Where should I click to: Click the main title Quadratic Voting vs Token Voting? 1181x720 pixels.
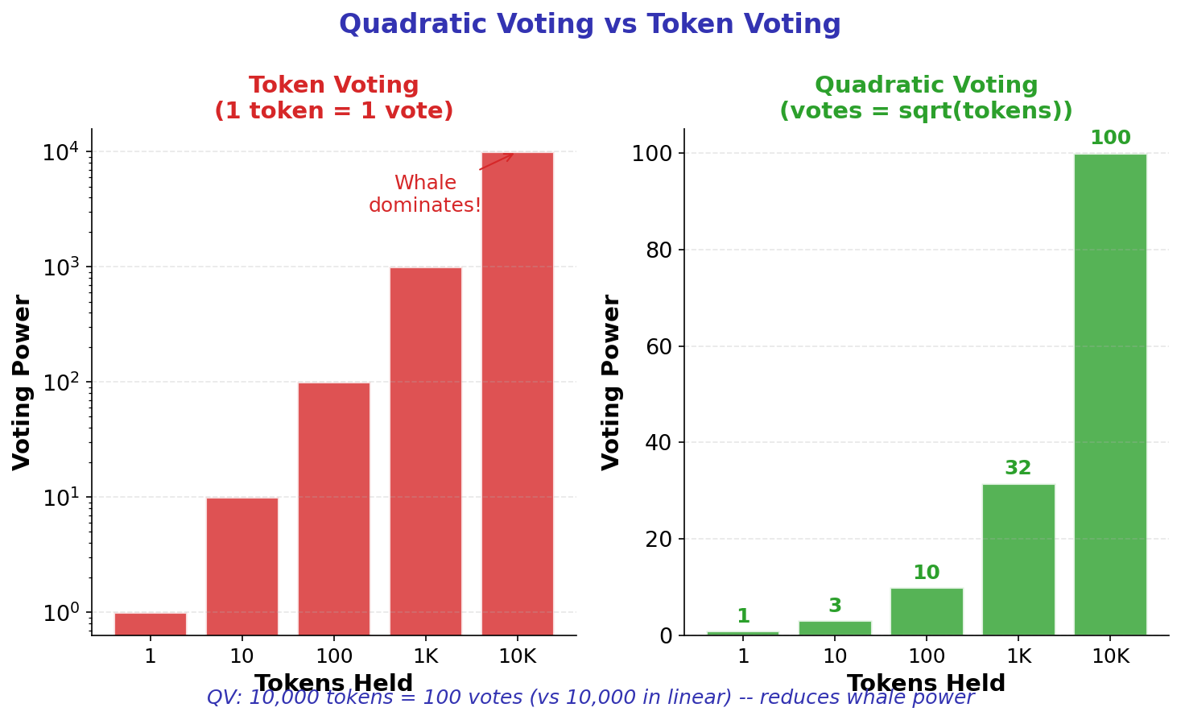point(589,24)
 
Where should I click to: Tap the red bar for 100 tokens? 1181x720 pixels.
point(333,508)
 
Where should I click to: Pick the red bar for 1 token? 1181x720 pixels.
point(150,624)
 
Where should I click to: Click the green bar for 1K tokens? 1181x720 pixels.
point(1018,559)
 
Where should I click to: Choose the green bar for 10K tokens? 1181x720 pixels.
point(1110,394)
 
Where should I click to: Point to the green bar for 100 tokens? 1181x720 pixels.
point(927,611)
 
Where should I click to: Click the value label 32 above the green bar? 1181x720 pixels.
point(1018,468)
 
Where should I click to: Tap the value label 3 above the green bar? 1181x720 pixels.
point(835,606)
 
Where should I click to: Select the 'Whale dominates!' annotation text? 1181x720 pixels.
point(425,194)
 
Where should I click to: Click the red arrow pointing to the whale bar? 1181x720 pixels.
point(497,161)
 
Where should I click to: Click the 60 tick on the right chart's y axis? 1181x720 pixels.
point(659,346)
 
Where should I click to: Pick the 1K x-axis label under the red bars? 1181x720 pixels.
point(425,656)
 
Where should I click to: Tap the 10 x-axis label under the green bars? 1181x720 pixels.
point(835,656)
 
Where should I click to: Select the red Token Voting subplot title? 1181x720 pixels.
point(333,97)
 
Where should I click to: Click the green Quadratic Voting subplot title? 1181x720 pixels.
point(926,97)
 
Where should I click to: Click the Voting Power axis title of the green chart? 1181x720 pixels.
point(612,382)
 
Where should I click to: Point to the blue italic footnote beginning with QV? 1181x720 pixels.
point(590,697)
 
